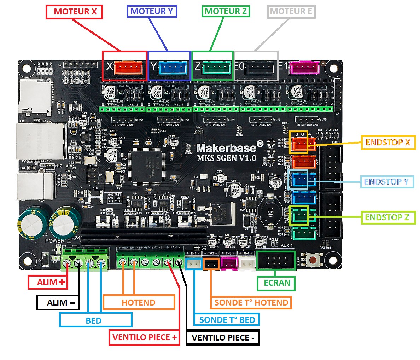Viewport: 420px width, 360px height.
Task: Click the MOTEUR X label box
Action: pos(74,12)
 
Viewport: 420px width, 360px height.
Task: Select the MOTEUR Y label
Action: pos(152,11)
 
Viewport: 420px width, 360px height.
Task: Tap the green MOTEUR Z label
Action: pos(226,11)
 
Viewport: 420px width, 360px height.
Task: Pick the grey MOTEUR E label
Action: pos(291,12)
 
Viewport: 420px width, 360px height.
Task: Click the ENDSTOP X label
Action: pos(388,143)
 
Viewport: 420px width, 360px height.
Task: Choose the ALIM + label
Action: pos(48,282)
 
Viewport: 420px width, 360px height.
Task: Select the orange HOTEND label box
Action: pos(139,302)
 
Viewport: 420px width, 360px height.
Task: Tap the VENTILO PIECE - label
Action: pos(223,337)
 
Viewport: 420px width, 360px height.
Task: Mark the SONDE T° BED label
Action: pos(227,320)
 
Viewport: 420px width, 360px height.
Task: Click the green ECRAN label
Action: pos(277,283)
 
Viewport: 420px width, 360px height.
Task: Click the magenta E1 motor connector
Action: pos(304,68)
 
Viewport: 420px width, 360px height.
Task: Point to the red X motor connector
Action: pos(129,68)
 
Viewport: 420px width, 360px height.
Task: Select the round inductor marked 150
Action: pos(270,212)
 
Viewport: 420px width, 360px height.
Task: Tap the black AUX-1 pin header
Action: pos(276,261)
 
